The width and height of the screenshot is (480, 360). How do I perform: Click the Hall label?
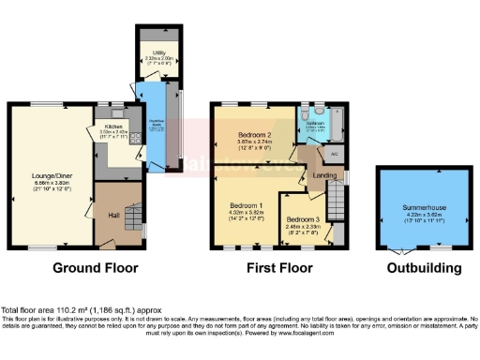point(112,215)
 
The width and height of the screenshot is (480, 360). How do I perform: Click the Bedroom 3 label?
point(307,217)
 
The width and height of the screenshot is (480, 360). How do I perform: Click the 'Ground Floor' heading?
point(95,267)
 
